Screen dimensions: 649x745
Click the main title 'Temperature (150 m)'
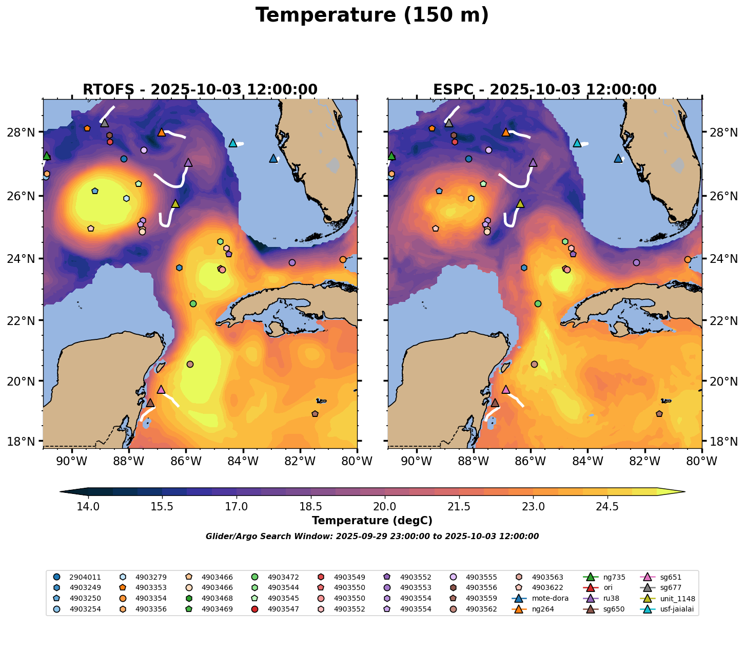pyautogui.click(x=372, y=15)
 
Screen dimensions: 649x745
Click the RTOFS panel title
pyautogui.click(x=200, y=89)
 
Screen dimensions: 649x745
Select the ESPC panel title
pyautogui.click(x=544, y=89)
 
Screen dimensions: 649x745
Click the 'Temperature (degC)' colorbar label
pyautogui.click(x=372, y=521)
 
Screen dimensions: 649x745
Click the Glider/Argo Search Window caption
pyautogui.click(x=372, y=537)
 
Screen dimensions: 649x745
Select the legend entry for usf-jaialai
pyautogui.click(x=676, y=609)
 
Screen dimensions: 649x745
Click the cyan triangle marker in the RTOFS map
pyautogui.click(x=233, y=143)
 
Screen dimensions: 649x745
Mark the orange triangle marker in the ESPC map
pyautogui.click(x=506, y=132)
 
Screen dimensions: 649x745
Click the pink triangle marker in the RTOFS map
pyautogui.click(x=161, y=389)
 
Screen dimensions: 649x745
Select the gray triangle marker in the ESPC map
pyautogui.click(x=449, y=123)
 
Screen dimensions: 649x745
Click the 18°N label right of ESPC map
pyautogui.click(x=720, y=441)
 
